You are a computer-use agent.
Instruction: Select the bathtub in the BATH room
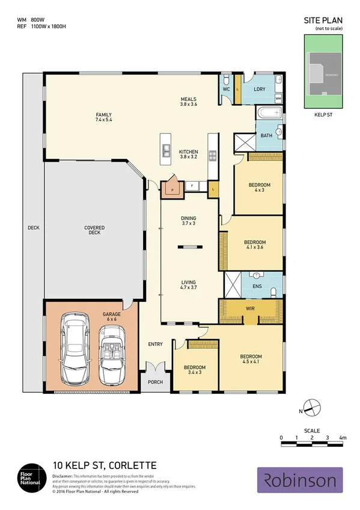(269, 112)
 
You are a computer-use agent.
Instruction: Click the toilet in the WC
(225, 81)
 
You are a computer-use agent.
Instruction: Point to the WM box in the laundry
(278, 97)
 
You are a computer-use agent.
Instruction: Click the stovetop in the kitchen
(212, 155)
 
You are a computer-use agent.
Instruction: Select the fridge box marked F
(191, 186)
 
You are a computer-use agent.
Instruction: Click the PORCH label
(155, 382)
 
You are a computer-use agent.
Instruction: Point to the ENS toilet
(273, 291)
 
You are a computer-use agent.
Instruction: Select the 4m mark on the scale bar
(342, 437)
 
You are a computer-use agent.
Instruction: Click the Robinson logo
(300, 480)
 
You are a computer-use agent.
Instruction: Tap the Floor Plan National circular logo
(30, 478)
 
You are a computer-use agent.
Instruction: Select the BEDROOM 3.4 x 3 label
(195, 370)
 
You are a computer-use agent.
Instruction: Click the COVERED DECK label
(94, 230)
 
